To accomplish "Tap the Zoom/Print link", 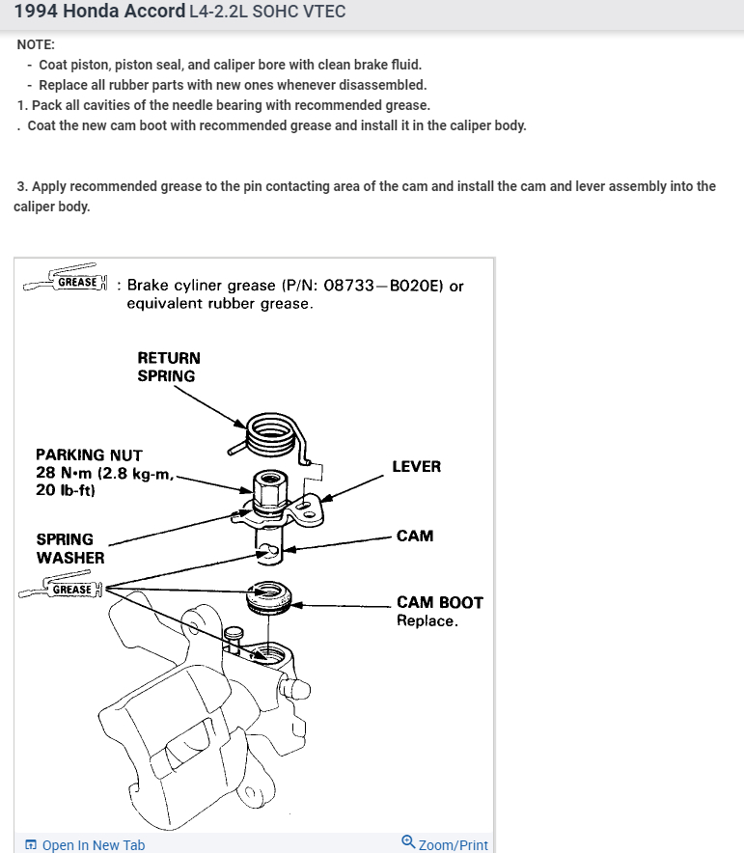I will [445, 844].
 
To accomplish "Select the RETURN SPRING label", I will [169, 367].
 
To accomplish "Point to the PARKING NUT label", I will [89, 454].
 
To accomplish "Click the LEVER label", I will [416, 466].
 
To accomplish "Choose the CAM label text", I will [415, 536].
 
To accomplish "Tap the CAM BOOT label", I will [439, 602].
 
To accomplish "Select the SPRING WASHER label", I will [69, 548].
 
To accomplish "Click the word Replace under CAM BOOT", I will [427, 620].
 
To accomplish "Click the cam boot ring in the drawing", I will [269, 598].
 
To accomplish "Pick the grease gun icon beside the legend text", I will [66, 279].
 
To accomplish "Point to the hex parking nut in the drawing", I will [268, 487].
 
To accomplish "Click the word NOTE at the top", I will [36, 45].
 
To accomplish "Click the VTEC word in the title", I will [322, 13].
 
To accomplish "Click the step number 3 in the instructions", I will [20, 186].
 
